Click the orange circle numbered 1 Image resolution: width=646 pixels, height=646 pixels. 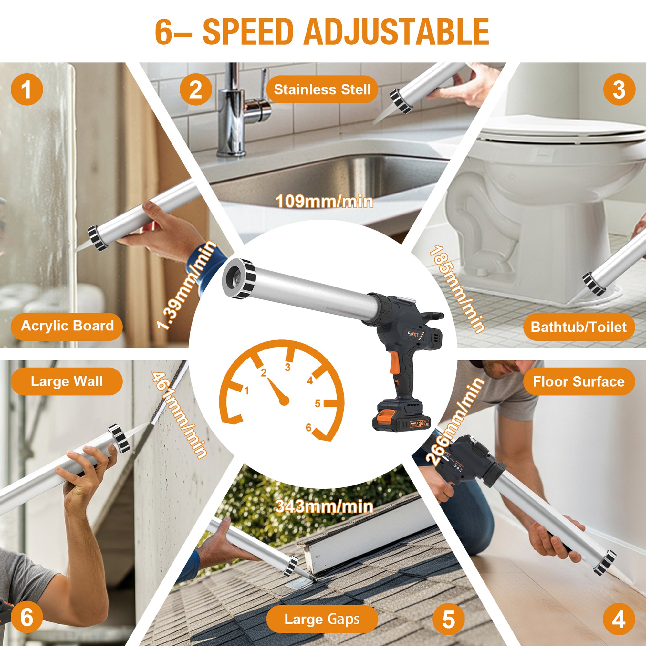click(27, 89)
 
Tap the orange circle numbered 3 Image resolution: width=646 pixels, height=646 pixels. click(619, 89)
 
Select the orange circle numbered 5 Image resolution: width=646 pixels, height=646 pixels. click(448, 619)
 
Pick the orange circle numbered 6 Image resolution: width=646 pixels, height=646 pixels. click(27, 617)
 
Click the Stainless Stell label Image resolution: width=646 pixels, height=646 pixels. click(322, 89)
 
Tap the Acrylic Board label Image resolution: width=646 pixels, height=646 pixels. click(67, 326)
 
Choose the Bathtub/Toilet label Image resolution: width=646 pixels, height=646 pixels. click(578, 327)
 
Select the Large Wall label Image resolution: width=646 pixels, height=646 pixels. click(67, 381)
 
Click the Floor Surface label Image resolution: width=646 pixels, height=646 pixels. click(578, 381)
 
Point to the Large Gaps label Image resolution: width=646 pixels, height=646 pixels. click(322, 619)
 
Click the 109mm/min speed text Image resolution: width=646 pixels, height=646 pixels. click(324, 202)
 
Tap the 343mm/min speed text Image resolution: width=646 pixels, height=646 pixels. click(324, 507)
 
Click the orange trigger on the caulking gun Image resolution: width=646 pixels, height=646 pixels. click(395, 363)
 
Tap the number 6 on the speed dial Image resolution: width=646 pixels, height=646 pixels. click(308, 427)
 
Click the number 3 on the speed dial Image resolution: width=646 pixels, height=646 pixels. click(287, 367)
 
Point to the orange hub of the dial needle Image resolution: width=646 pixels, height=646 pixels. click(284, 400)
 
